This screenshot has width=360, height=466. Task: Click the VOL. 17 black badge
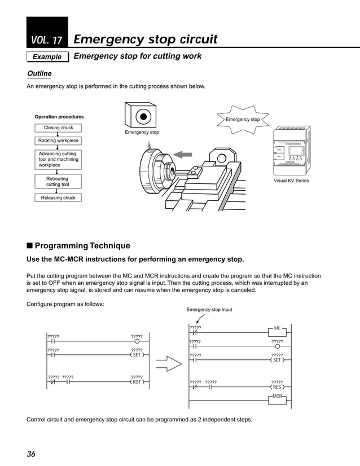coord(47,33)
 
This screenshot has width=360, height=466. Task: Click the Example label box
coord(47,56)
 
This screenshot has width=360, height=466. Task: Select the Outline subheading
coord(39,74)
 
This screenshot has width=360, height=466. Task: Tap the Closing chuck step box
coord(58,128)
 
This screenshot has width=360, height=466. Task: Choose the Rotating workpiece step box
coord(58,140)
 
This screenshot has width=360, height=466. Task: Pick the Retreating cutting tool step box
coord(58,181)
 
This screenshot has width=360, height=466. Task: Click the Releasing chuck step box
coord(58,198)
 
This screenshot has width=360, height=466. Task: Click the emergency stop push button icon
coord(143,116)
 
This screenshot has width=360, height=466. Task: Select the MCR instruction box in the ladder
coord(277,397)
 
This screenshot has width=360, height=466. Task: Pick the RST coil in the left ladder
coord(136,382)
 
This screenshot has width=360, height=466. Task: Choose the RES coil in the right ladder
coord(276,388)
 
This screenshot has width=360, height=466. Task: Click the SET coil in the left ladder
coord(136,355)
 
